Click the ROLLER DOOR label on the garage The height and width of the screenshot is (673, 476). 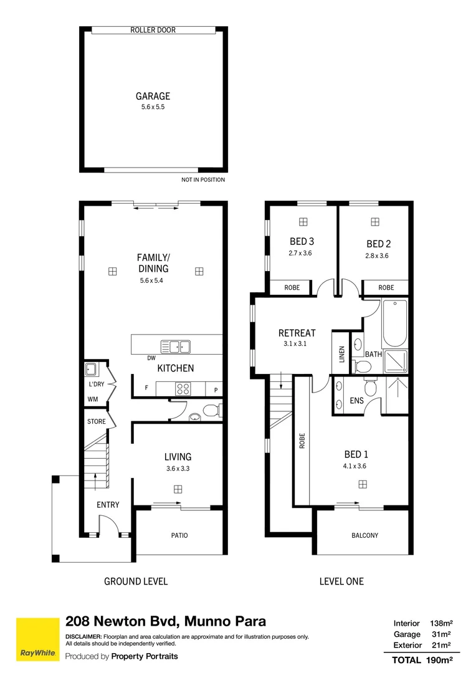click(153, 30)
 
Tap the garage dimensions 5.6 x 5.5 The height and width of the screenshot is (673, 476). click(153, 107)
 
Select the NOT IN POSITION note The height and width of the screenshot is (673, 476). click(203, 179)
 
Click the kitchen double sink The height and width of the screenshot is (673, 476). click(176, 346)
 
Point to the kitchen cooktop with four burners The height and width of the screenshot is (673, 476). click(183, 389)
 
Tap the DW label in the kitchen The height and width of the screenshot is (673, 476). click(151, 358)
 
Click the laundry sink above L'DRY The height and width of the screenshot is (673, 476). click(91, 369)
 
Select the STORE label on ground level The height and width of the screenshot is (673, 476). click(96, 421)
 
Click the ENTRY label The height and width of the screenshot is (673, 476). click(108, 505)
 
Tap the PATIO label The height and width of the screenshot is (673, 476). click(179, 535)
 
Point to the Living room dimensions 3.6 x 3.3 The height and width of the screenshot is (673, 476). click(178, 468)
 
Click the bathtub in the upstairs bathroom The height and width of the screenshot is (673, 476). click(394, 323)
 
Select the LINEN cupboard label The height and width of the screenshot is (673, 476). click(342, 355)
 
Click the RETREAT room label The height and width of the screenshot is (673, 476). click(297, 333)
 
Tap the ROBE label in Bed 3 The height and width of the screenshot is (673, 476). click(292, 287)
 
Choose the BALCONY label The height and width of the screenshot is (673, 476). click(365, 535)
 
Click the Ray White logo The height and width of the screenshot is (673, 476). click(38, 639)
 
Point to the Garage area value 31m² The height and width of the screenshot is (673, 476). click(441, 634)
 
